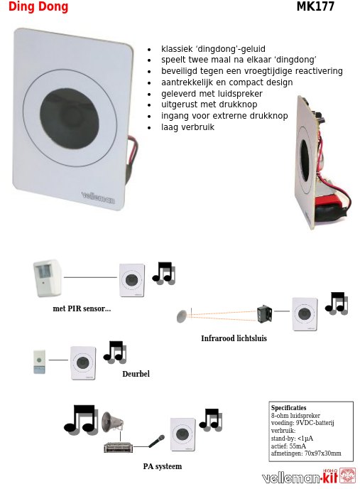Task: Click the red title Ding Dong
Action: [x=38, y=6]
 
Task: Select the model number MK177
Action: [x=315, y=6]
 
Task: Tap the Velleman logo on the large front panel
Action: [x=98, y=198]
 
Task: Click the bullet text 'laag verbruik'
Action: [x=187, y=127]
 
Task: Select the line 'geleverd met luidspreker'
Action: [x=212, y=94]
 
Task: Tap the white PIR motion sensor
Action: [x=48, y=278]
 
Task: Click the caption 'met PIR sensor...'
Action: [x=82, y=308]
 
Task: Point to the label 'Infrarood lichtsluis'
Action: [x=234, y=338]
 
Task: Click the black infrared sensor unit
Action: [x=264, y=313]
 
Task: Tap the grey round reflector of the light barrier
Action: [x=182, y=316]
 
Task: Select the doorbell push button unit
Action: [x=39, y=362]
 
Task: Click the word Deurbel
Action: [x=136, y=374]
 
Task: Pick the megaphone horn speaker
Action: [x=112, y=421]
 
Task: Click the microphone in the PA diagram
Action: [x=156, y=441]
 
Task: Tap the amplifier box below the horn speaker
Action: [x=118, y=448]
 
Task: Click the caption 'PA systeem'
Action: [x=163, y=466]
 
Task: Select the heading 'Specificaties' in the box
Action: [x=288, y=407]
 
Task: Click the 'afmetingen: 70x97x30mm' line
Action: [x=306, y=453]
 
